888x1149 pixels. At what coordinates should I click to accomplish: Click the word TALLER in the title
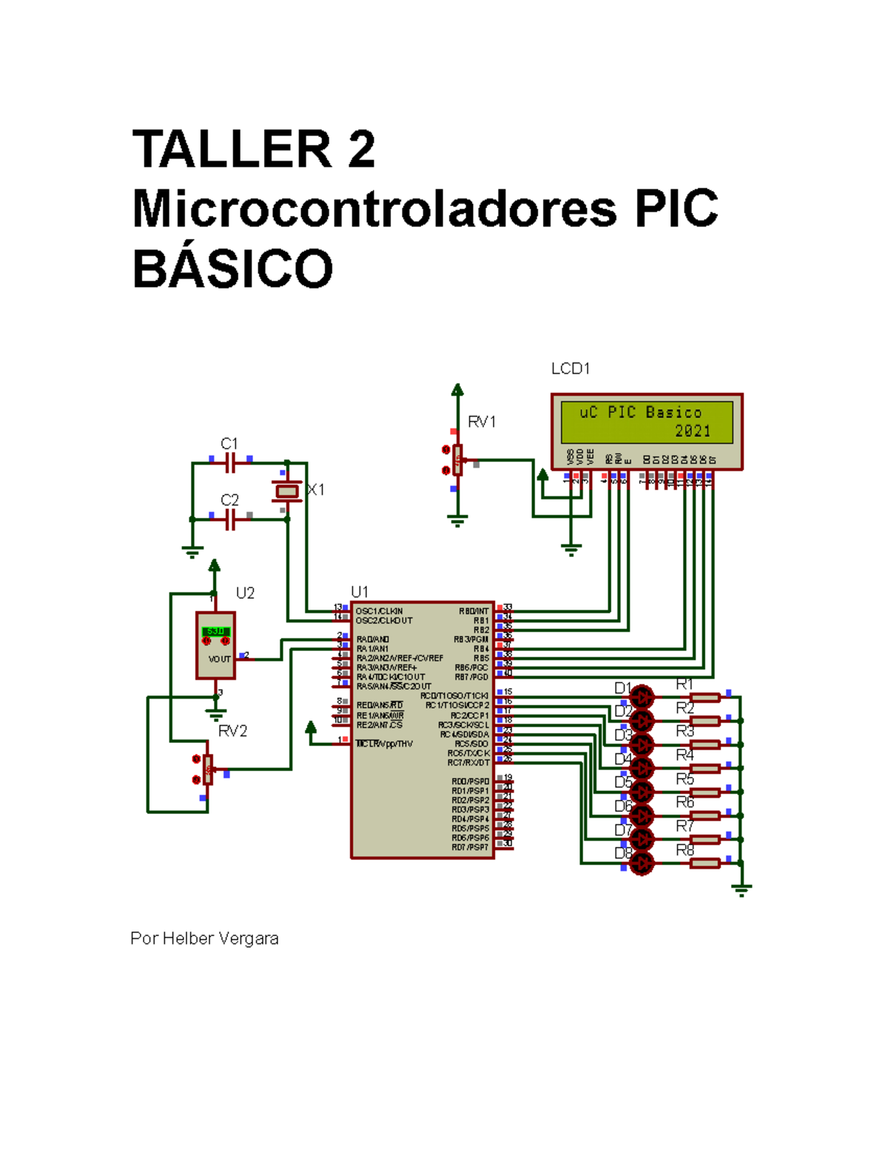click(x=232, y=149)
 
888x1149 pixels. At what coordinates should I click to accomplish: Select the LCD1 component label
click(x=570, y=368)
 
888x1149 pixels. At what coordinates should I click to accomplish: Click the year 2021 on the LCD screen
click(x=692, y=431)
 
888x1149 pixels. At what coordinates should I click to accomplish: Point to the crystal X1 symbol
click(x=286, y=491)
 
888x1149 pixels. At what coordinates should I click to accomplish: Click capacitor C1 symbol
click(x=230, y=463)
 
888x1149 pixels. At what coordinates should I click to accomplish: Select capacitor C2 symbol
click(x=230, y=519)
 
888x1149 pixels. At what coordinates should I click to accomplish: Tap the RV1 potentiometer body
click(x=458, y=460)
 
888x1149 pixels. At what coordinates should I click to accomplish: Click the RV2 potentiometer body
click(x=208, y=769)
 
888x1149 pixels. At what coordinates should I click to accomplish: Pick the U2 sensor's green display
click(x=215, y=631)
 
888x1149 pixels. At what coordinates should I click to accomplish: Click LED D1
click(x=642, y=697)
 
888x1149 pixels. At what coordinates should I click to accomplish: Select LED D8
click(x=642, y=863)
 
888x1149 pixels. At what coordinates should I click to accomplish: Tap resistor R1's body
click(x=705, y=697)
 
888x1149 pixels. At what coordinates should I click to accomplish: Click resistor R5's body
click(x=705, y=792)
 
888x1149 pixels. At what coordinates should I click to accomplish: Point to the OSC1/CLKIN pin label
click(x=379, y=611)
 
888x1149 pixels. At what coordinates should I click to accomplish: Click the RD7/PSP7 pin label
click(x=470, y=847)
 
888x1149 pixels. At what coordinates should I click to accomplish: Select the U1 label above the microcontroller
click(x=360, y=592)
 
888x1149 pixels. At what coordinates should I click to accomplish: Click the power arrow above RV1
click(x=458, y=390)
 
